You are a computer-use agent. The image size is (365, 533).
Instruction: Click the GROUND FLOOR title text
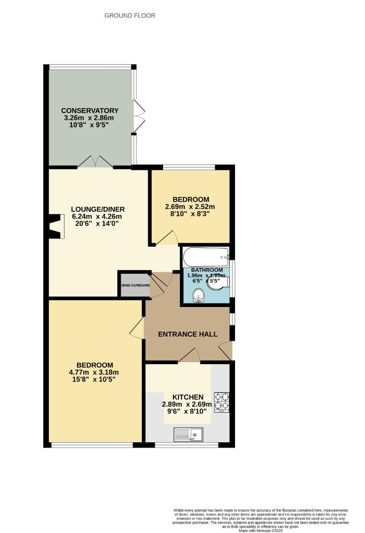click(x=130, y=16)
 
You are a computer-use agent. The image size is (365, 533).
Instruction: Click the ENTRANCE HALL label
click(x=188, y=334)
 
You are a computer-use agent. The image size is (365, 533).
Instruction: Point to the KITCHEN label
click(x=188, y=397)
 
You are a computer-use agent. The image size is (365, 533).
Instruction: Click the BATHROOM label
click(x=207, y=270)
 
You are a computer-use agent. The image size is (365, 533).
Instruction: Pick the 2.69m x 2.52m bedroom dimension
click(x=190, y=207)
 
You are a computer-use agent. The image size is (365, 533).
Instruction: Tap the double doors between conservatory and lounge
click(x=96, y=161)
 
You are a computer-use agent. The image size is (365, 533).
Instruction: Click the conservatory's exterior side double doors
click(x=138, y=115)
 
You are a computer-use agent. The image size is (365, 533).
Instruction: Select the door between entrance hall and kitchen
click(x=189, y=356)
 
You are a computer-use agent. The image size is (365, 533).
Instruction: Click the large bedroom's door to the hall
click(x=137, y=328)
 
